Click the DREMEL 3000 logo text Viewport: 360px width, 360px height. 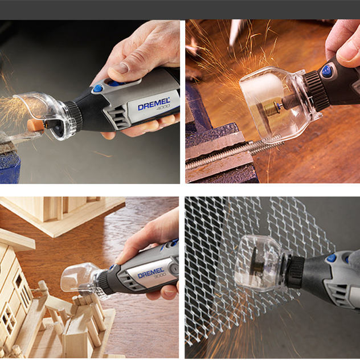151,273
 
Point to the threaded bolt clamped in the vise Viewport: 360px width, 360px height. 234,152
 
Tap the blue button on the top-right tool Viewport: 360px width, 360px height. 328,71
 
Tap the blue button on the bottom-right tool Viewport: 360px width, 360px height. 332,258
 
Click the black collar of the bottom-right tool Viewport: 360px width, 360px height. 296,272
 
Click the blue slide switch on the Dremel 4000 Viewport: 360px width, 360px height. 116,83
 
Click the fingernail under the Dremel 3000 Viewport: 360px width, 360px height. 170,293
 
